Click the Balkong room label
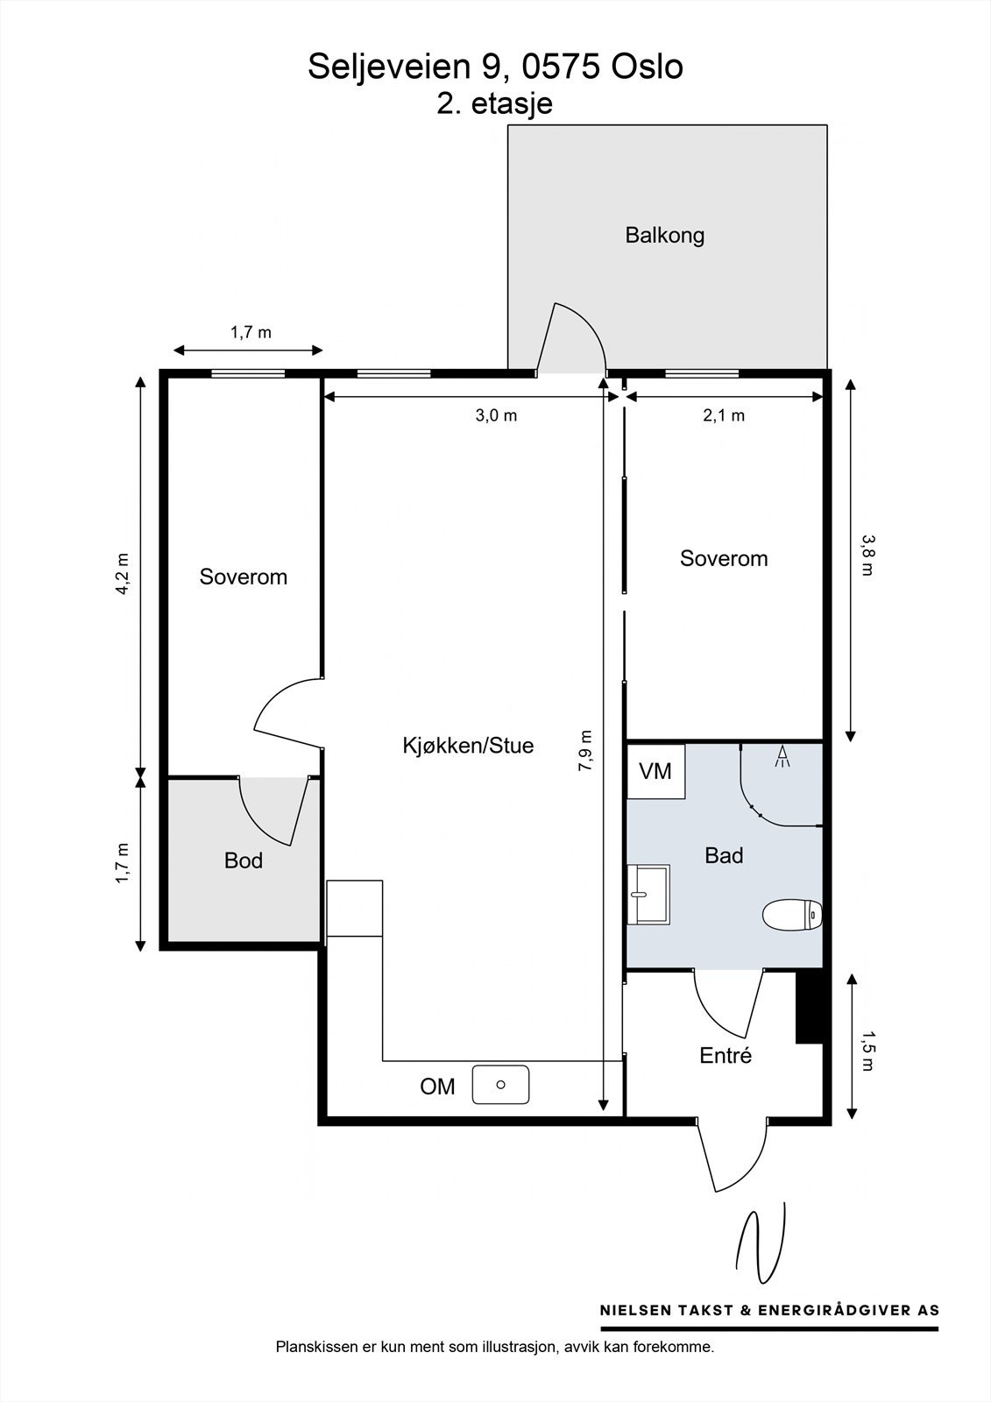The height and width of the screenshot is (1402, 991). [x=664, y=236]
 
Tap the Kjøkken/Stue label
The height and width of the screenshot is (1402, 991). [x=468, y=746]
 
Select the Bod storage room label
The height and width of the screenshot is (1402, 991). [x=243, y=860]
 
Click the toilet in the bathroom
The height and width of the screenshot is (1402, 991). [x=792, y=916]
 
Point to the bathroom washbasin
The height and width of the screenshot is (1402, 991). [x=648, y=895]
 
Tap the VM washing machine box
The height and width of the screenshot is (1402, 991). [x=655, y=771]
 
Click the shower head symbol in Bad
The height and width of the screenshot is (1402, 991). [x=782, y=756]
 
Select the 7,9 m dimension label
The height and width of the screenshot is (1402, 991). [x=584, y=750]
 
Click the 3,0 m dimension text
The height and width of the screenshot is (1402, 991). [x=496, y=415]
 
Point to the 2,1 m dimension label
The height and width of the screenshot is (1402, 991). [x=724, y=415]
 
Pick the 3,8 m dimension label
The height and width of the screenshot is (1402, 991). [x=867, y=556]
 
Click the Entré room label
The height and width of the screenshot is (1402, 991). [x=725, y=1056]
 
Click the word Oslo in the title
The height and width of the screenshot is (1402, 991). [x=647, y=67]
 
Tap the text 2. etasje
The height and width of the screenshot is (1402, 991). [x=494, y=104]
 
